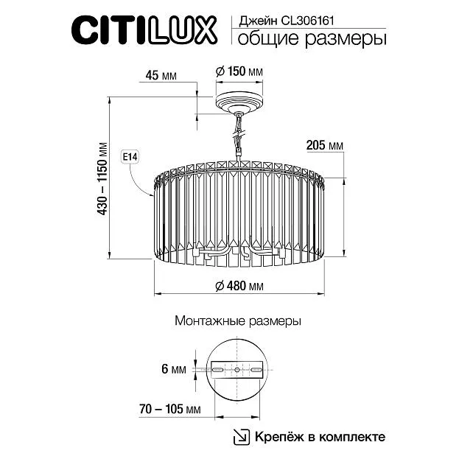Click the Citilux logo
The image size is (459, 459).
click(x=144, y=30)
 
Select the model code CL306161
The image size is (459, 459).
click(x=307, y=21)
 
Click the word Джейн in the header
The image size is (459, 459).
click(x=258, y=21)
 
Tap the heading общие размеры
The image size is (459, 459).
click(x=312, y=39)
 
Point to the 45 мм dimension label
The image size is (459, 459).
click(x=161, y=76)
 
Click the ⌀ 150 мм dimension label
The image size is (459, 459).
click(x=239, y=71)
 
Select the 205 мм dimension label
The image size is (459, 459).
click(x=325, y=145)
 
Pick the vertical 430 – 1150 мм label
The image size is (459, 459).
click(x=102, y=179)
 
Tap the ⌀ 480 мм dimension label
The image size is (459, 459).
click(x=239, y=286)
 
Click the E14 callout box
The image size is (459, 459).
click(x=130, y=157)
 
